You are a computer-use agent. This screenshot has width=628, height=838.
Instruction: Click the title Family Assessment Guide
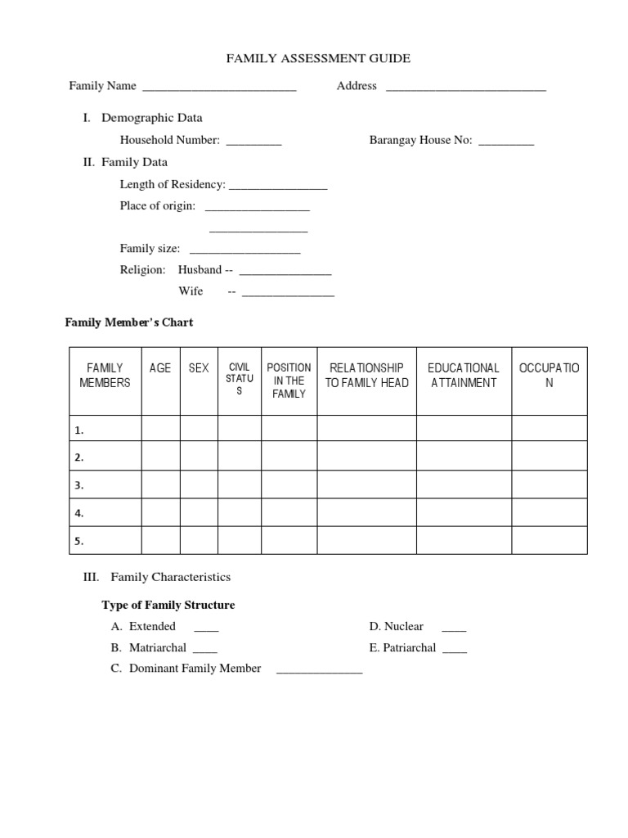click(318, 59)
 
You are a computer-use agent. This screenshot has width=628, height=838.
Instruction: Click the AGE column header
click(160, 368)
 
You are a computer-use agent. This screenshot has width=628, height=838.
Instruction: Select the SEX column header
click(199, 368)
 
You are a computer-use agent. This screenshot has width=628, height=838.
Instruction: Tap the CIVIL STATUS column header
click(240, 379)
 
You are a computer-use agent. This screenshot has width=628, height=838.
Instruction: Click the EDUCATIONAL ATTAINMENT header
click(464, 376)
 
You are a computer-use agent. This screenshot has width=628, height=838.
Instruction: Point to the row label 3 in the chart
click(79, 485)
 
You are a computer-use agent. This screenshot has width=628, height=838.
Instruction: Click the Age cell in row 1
click(160, 429)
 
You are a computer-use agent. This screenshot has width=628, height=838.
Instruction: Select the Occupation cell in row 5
click(549, 540)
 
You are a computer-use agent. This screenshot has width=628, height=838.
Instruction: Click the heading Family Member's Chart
click(129, 322)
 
